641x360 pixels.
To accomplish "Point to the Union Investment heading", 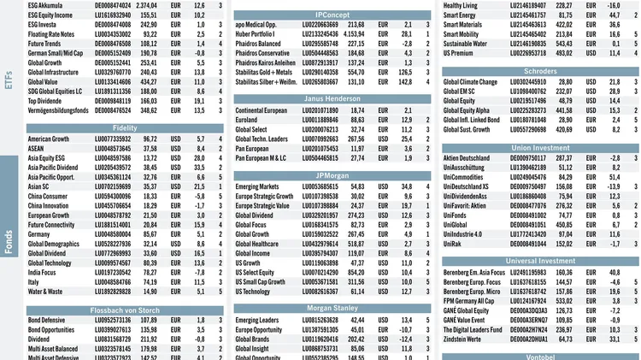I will point(540,146).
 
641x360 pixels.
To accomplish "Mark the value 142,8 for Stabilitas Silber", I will point(403,85).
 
